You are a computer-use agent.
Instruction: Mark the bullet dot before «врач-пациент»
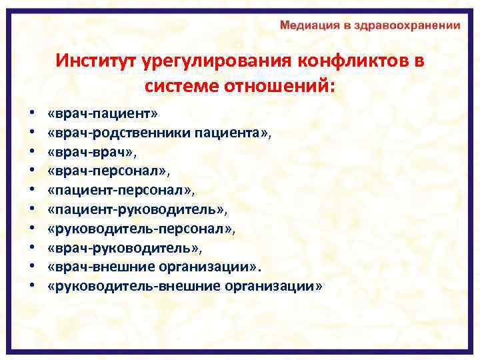[x=31, y=115]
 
